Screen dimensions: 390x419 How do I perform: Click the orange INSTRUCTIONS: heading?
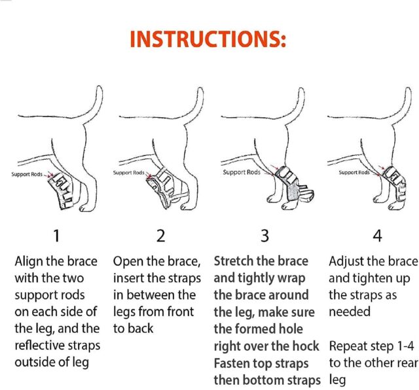click(208, 39)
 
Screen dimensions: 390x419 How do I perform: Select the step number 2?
click(160, 235)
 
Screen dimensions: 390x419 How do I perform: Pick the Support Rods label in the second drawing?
click(129, 173)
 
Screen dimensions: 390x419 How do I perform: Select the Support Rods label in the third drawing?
click(241, 172)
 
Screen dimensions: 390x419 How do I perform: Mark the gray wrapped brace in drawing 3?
click(282, 190)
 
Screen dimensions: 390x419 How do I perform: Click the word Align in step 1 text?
click(30, 261)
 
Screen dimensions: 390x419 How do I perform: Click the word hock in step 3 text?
click(304, 346)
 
